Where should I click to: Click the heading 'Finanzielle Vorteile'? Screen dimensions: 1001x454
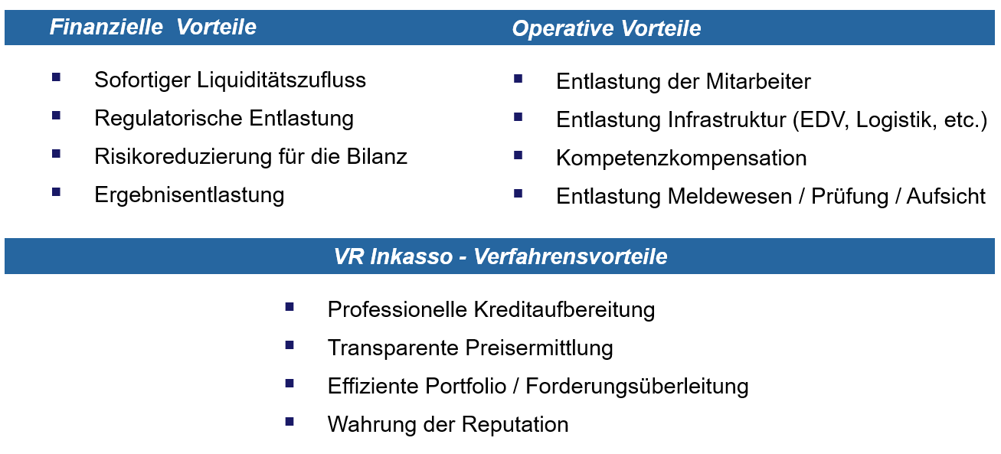coord(153,27)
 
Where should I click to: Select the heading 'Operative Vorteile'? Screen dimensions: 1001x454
coord(607,28)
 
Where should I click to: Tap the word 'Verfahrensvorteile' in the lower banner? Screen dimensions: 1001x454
coord(571,256)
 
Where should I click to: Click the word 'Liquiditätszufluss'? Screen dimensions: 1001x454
coord(281,80)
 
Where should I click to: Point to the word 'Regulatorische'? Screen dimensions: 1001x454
coord(168,119)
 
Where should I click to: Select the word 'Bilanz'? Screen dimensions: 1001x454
coord(377,156)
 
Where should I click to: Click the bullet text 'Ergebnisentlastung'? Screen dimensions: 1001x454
coord(189,195)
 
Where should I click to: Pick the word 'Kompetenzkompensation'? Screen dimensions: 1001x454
coord(682,158)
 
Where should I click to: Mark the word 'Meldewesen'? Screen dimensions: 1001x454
coord(729,197)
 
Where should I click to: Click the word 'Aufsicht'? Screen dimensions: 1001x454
coord(946,197)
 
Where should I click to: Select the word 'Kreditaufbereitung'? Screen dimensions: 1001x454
coord(564,309)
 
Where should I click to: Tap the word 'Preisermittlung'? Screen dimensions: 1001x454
coord(538,348)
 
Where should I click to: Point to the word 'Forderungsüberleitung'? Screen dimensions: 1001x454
coord(636,387)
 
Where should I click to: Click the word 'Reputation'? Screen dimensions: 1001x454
coord(515,425)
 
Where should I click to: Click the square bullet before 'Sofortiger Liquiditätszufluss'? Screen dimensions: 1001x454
coord(57,77)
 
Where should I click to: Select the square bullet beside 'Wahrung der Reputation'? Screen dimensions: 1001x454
coord(290,422)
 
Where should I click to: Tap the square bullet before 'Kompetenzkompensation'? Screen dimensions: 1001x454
coord(518,155)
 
